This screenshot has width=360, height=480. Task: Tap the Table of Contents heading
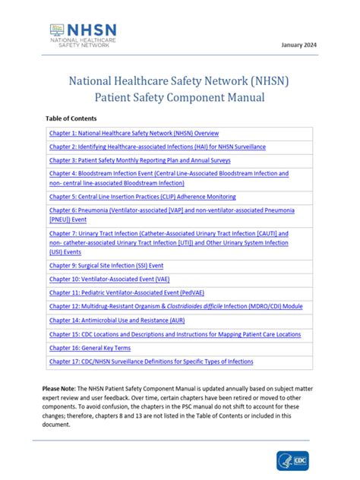[71, 119]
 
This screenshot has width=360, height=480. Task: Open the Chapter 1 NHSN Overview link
[134, 133]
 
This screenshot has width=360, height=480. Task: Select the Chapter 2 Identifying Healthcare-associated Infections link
[157, 147]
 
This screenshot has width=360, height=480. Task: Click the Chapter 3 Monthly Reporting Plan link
[140, 160]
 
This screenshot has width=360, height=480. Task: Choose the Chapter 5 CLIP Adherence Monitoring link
[142, 196]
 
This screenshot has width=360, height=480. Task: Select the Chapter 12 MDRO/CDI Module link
[175, 306]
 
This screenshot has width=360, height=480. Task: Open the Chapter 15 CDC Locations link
[175, 334]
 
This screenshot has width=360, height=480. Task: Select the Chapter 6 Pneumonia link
[172, 213]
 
